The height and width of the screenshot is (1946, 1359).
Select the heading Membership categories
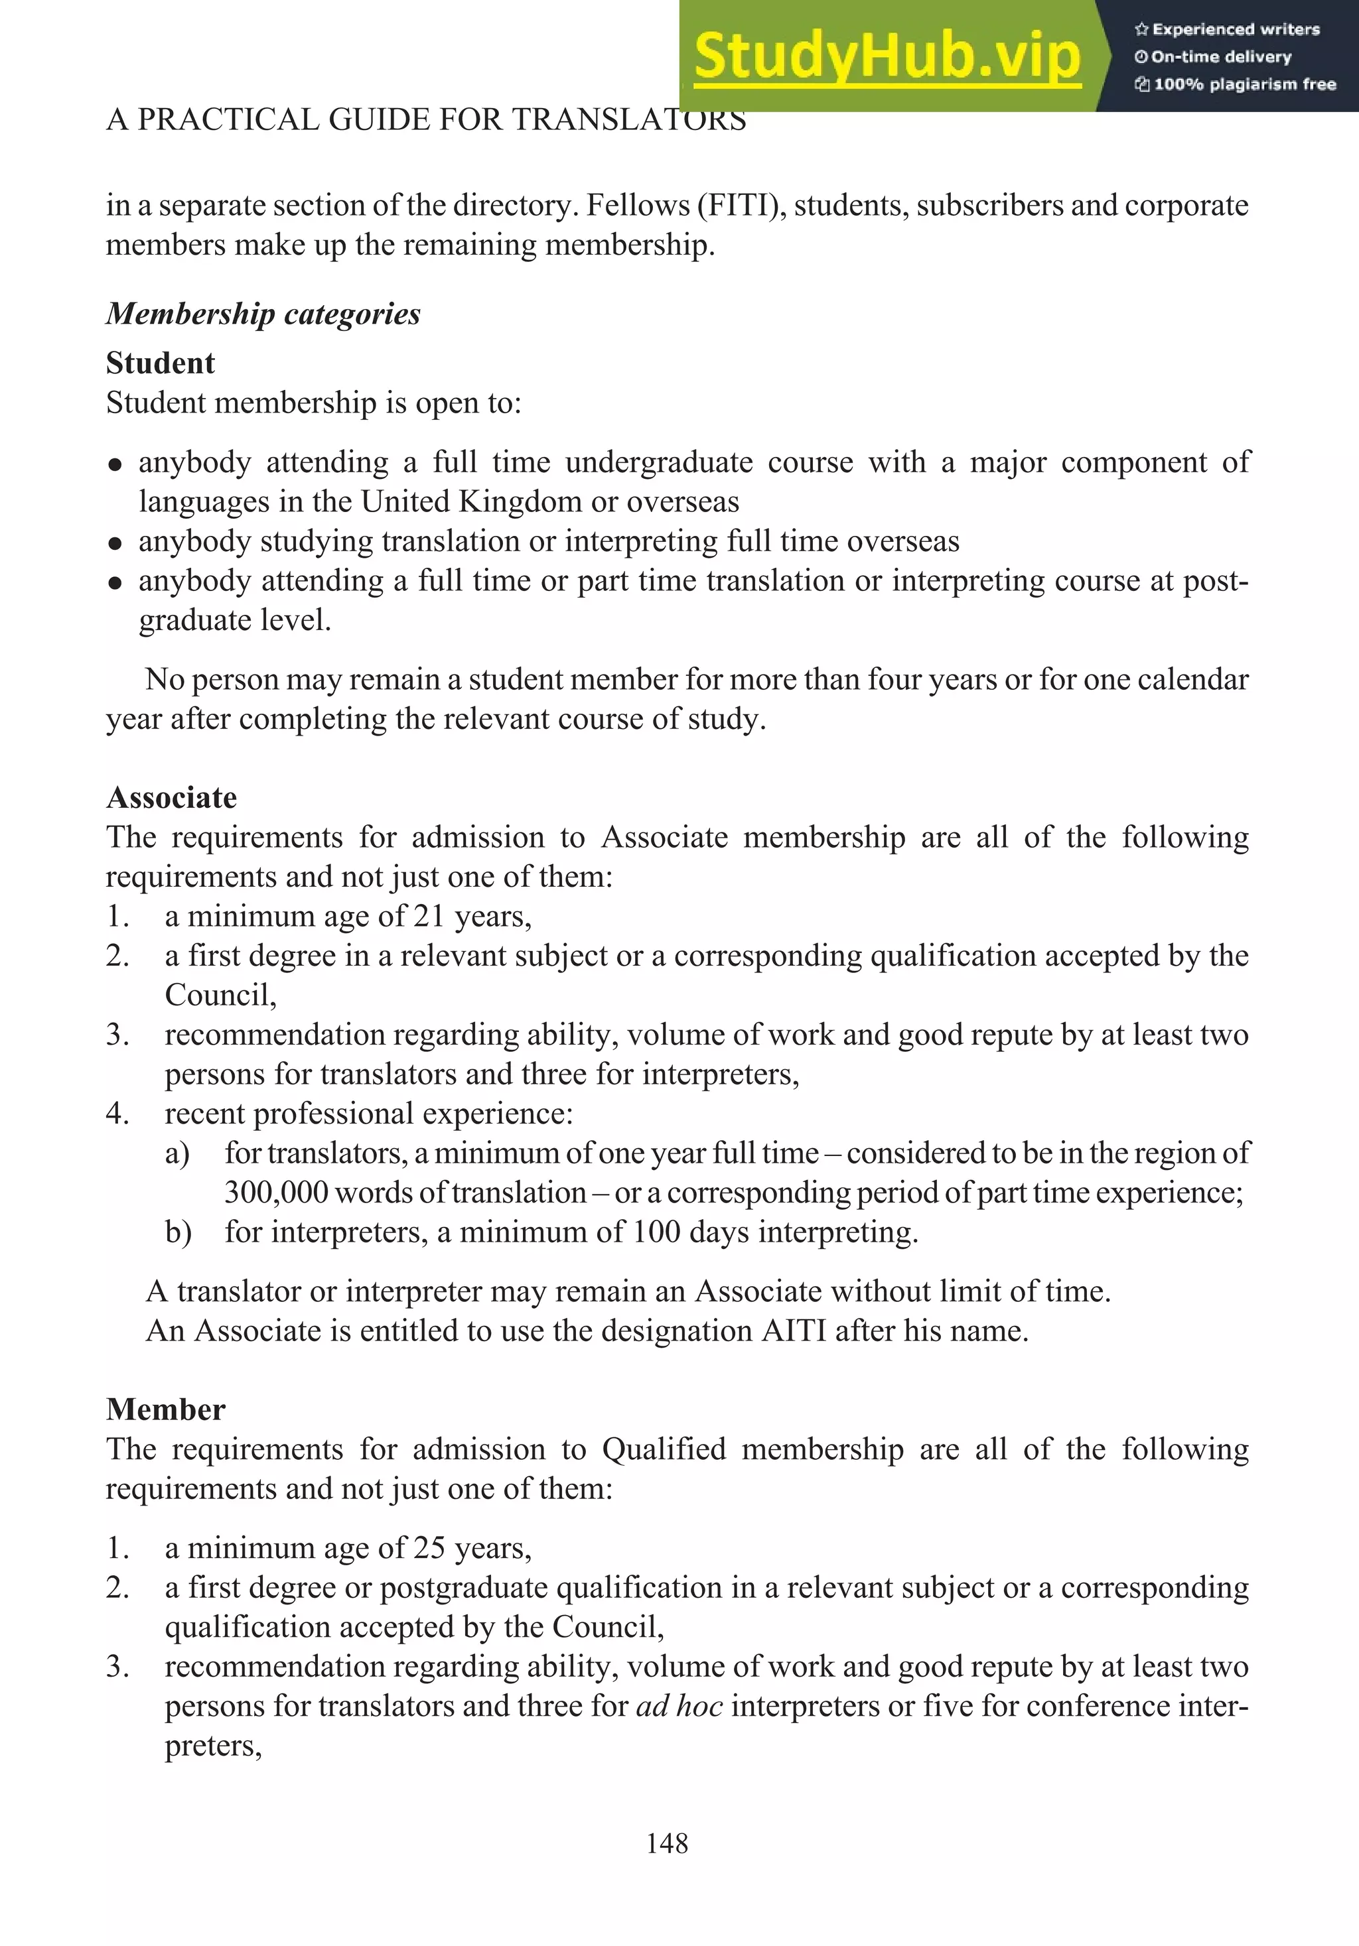click(263, 314)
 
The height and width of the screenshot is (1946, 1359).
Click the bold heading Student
click(160, 363)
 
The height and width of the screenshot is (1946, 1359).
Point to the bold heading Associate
click(171, 797)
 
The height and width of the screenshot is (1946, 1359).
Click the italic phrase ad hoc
click(679, 1706)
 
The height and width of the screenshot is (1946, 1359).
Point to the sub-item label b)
click(178, 1232)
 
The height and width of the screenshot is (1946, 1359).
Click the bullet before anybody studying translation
click(116, 543)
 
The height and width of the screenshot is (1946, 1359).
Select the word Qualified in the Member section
click(663, 1449)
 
